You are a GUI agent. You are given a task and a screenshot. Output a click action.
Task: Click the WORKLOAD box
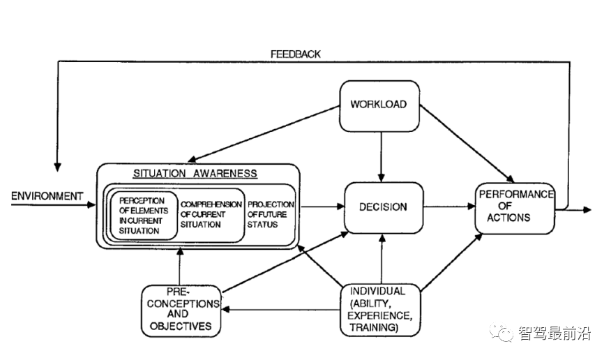coord(379,106)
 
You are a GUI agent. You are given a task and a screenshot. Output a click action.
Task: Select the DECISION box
coord(384,208)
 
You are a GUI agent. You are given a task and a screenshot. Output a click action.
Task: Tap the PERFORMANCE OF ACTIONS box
coord(515,209)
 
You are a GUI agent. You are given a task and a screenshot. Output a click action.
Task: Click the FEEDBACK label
coord(296,54)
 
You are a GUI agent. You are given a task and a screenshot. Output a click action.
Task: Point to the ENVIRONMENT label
coord(47,196)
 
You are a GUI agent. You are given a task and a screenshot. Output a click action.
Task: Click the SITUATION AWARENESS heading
coord(195,174)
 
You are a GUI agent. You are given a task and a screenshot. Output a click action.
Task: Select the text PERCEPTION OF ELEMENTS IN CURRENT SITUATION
coord(144,216)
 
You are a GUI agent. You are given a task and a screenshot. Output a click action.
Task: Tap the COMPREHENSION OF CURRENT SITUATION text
coord(211,214)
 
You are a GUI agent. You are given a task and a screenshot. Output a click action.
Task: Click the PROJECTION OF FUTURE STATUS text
coord(271,214)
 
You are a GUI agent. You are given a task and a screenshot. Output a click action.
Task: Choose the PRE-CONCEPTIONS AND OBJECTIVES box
coord(181,311)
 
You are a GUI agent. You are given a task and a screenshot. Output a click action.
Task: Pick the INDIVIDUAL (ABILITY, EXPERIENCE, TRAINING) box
coord(380,310)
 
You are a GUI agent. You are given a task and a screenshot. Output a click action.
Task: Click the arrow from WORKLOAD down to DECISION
coord(381,157)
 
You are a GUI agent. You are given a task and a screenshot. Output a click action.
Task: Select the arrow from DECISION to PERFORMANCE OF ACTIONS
coord(449,207)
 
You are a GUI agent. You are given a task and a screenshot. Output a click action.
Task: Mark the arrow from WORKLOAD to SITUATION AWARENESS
coord(264,134)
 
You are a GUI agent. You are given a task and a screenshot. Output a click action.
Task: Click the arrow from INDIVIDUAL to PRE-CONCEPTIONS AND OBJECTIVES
coord(281,310)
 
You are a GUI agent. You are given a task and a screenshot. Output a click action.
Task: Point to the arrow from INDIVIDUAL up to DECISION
coord(382,259)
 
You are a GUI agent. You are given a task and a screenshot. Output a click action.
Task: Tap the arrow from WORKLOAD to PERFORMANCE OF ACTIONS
coord(467,144)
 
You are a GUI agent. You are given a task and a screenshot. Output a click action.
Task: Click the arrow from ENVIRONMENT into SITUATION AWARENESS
coord(53,204)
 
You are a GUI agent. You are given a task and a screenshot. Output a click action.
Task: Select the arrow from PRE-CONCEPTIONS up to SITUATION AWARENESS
coord(180,267)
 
